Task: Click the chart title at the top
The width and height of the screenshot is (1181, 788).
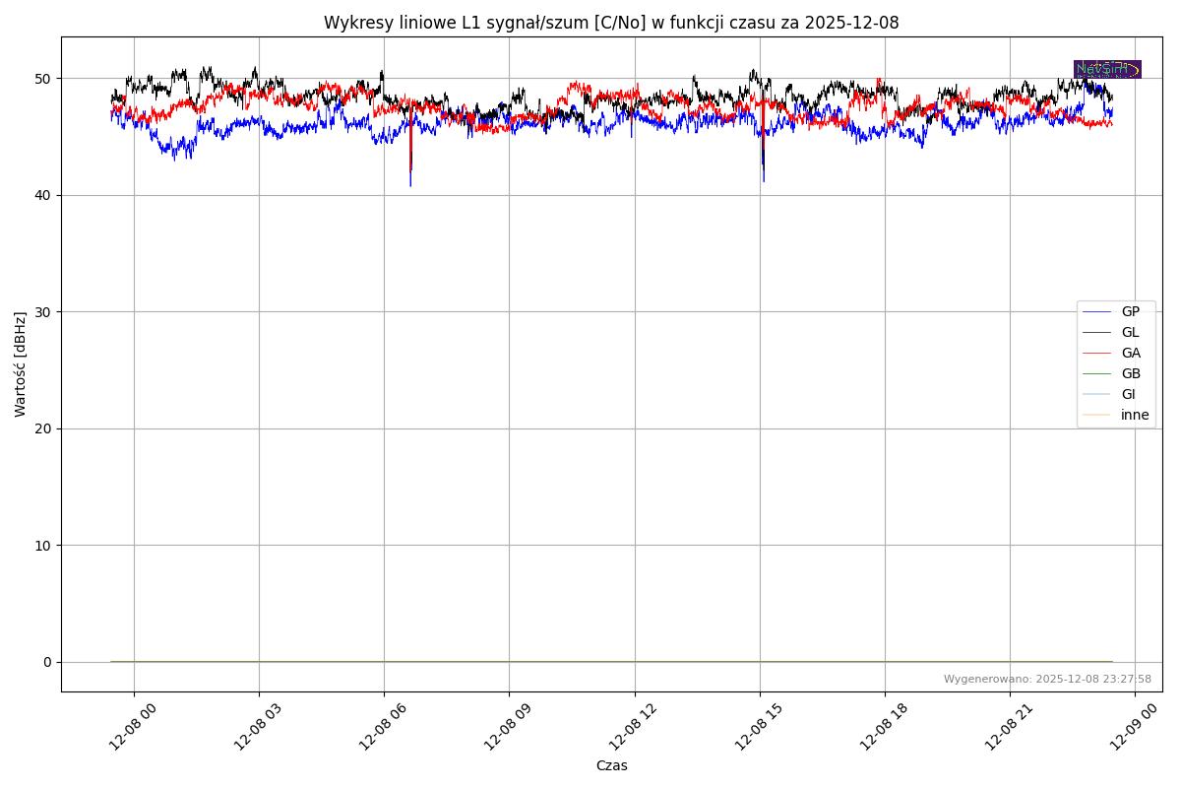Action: pyautogui.click(x=611, y=23)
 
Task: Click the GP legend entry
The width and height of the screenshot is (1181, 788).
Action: pyautogui.click(x=1130, y=311)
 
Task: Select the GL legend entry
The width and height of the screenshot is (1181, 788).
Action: pyautogui.click(x=1130, y=332)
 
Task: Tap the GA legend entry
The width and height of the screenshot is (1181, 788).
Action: pyautogui.click(x=1131, y=353)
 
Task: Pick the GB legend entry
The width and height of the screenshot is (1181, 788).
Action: pyautogui.click(x=1131, y=373)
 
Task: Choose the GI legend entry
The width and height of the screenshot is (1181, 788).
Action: pyautogui.click(x=1128, y=394)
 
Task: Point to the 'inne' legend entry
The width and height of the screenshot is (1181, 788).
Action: pyautogui.click(x=1135, y=415)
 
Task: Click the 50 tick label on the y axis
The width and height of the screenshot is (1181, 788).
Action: pyautogui.click(x=44, y=79)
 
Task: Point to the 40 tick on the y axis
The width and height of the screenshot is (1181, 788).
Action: pyautogui.click(x=44, y=195)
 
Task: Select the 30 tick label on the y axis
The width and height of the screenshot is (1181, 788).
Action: pyautogui.click(x=44, y=312)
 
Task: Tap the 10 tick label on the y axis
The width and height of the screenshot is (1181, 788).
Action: pyautogui.click(x=44, y=546)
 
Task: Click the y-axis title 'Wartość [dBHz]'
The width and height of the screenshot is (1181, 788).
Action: pyautogui.click(x=21, y=363)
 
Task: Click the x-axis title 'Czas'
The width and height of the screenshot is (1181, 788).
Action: pyautogui.click(x=611, y=765)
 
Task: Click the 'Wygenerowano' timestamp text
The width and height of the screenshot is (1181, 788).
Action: pyautogui.click(x=1047, y=679)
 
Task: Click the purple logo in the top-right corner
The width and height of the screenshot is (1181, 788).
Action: pyautogui.click(x=1107, y=69)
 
